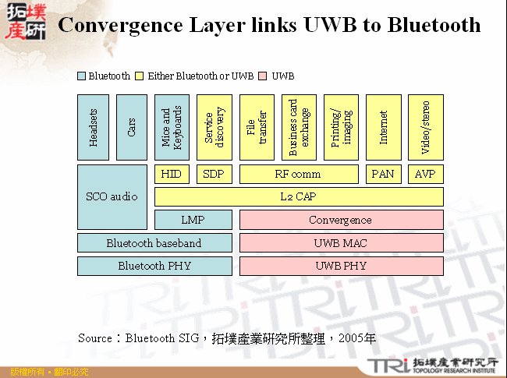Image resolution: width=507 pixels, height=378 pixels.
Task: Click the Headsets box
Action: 94,128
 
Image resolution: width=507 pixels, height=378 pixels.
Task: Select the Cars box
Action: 132,128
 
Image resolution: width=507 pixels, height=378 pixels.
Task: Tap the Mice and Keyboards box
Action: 172,128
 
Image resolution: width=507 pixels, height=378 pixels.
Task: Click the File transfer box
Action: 257,128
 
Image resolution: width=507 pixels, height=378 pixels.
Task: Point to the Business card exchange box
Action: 299,128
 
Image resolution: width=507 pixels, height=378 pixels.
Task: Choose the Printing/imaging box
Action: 341,128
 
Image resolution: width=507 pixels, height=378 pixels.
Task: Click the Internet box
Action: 383,128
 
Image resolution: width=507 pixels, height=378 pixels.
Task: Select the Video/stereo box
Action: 425,128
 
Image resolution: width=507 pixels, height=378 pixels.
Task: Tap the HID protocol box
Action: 172,174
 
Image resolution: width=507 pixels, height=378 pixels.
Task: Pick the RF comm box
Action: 299,174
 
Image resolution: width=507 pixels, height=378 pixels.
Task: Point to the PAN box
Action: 383,174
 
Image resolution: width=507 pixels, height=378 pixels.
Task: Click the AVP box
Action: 425,174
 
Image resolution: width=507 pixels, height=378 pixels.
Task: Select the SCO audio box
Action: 112,196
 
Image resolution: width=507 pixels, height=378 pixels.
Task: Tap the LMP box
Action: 193,220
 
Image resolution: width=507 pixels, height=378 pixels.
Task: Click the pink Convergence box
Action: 341,220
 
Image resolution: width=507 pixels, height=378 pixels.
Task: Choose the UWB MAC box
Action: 341,243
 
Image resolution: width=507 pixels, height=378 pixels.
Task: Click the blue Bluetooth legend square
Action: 82,76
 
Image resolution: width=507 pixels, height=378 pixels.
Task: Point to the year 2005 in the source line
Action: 360,338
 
